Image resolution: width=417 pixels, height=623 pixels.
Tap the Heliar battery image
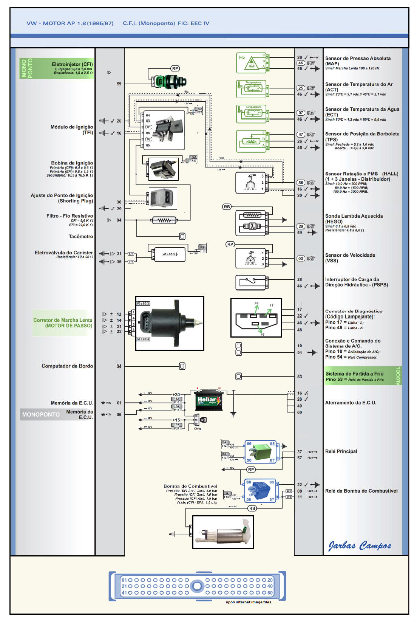point(209,400)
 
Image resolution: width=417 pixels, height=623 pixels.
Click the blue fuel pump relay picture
point(261,491)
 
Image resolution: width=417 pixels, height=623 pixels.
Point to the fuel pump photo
point(223,532)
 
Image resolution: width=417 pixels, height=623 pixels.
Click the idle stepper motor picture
point(170,323)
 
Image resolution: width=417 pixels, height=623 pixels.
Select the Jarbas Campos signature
point(360,545)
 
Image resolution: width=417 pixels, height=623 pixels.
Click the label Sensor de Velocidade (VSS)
point(350,258)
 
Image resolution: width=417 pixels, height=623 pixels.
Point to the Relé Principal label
point(341,451)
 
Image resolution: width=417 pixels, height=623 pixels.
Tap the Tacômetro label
point(81,237)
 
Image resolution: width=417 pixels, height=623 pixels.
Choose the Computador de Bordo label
point(67,366)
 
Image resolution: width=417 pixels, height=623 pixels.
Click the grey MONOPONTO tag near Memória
point(41,415)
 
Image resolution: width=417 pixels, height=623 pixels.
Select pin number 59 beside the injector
point(119,84)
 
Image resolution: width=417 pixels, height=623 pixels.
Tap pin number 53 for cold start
point(300,377)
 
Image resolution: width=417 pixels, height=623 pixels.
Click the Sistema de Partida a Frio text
point(354,373)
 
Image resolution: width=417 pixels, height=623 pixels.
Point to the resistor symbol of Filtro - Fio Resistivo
point(164,220)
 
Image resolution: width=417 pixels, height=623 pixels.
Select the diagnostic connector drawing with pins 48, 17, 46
point(256,318)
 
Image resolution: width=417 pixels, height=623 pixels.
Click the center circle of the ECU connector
point(197,586)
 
